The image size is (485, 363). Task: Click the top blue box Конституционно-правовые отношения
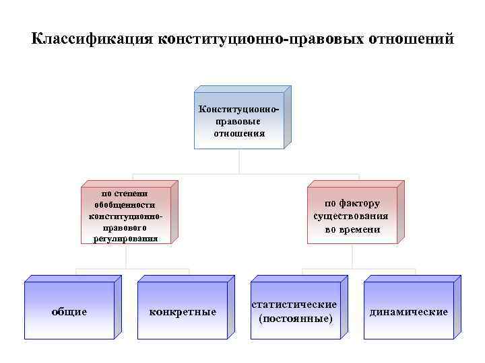point(239,120)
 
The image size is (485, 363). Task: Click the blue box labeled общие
point(69,312)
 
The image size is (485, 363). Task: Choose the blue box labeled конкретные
point(182,312)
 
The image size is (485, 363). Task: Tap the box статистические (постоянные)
point(295,311)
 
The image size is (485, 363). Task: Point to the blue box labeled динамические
point(408,312)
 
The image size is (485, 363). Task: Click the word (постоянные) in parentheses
point(295,317)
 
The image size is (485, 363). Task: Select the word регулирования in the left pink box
point(125,238)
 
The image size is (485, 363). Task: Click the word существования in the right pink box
point(351,216)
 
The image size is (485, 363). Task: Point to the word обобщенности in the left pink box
point(125,205)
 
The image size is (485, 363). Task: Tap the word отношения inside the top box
point(239,134)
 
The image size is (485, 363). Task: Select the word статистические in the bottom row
point(295,305)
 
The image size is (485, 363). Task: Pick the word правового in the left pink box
point(125,227)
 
